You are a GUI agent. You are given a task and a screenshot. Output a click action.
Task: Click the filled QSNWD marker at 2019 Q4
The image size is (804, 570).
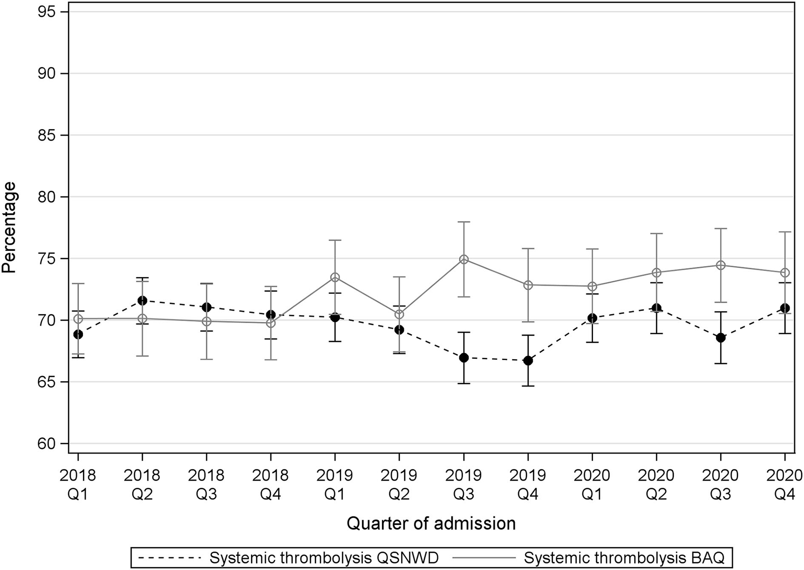click(528, 361)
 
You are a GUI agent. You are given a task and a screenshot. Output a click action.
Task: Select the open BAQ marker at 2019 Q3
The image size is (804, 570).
click(464, 259)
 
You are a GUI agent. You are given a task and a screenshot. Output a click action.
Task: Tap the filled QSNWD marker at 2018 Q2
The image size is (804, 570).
click(142, 300)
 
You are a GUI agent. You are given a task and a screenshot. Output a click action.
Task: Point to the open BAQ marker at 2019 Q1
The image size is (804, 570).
click(335, 278)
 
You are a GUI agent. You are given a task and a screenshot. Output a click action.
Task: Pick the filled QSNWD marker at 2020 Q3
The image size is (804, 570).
click(721, 338)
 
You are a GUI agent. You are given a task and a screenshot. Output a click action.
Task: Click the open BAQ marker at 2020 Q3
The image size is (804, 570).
click(721, 265)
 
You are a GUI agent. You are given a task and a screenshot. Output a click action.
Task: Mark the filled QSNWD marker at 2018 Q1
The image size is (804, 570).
click(78, 334)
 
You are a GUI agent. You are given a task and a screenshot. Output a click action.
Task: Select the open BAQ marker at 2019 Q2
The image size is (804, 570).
click(399, 314)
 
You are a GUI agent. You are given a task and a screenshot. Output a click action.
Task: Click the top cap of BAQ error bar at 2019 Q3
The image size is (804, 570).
click(464, 222)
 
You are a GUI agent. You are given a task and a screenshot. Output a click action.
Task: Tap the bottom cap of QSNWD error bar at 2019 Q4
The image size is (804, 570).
click(528, 386)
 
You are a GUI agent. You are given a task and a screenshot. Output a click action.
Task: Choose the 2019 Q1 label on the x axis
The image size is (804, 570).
click(335, 484)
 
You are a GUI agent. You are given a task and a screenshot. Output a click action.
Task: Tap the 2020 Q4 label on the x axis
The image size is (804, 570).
click(784, 484)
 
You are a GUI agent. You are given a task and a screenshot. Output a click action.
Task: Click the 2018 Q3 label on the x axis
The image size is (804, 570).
click(206, 484)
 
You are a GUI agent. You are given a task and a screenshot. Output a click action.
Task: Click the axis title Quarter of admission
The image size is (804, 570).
click(431, 523)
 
